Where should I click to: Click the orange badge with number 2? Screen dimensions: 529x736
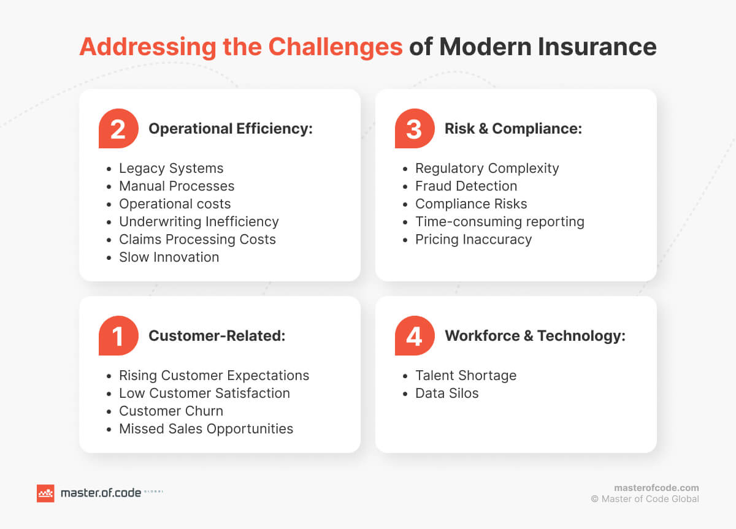coord(118,129)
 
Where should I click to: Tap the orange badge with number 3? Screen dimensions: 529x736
coord(415,129)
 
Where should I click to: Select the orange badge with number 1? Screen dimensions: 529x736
coord(118,336)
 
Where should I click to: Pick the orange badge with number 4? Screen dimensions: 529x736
coord(415,336)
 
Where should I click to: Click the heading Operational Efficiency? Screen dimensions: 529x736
coord(231,129)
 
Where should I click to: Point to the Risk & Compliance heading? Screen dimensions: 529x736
coord(513,129)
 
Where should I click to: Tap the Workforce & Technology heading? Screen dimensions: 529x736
coord(535,336)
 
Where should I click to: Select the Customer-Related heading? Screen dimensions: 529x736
coord(217,336)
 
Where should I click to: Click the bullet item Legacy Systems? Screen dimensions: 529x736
coord(171,168)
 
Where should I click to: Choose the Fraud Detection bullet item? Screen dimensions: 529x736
coord(466,186)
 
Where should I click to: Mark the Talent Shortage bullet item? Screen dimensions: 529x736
coord(466,375)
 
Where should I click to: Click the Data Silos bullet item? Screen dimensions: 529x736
coord(447,393)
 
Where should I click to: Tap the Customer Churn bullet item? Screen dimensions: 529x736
coord(171,411)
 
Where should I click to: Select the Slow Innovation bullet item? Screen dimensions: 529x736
coord(169,257)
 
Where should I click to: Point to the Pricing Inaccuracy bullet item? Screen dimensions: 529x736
coord(473,239)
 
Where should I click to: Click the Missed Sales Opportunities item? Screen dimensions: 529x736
coord(206,428)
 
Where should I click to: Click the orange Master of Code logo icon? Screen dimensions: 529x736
coord(45,493)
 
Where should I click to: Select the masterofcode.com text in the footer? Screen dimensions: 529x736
coord(656,488)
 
